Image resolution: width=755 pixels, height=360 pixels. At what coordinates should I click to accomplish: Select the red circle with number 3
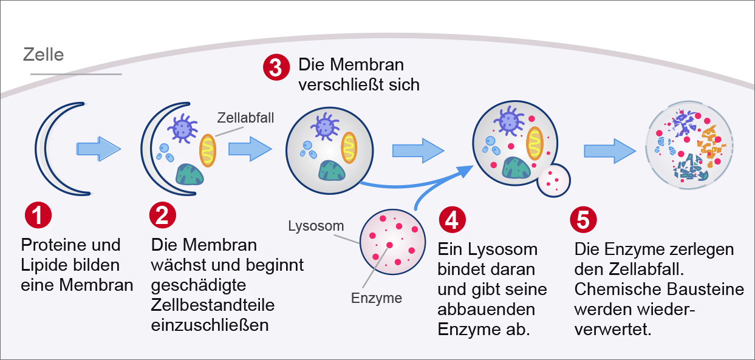(276, 67)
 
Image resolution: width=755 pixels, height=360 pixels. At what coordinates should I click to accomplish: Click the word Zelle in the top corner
(43, 55)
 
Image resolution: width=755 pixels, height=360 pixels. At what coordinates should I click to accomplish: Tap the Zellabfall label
(246, 117)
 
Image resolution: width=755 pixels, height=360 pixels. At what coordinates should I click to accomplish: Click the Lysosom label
(316, 226)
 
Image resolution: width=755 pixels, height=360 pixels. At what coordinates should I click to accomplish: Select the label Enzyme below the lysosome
(377, 298)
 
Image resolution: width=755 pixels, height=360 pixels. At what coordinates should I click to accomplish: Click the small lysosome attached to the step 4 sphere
(554, 180)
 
